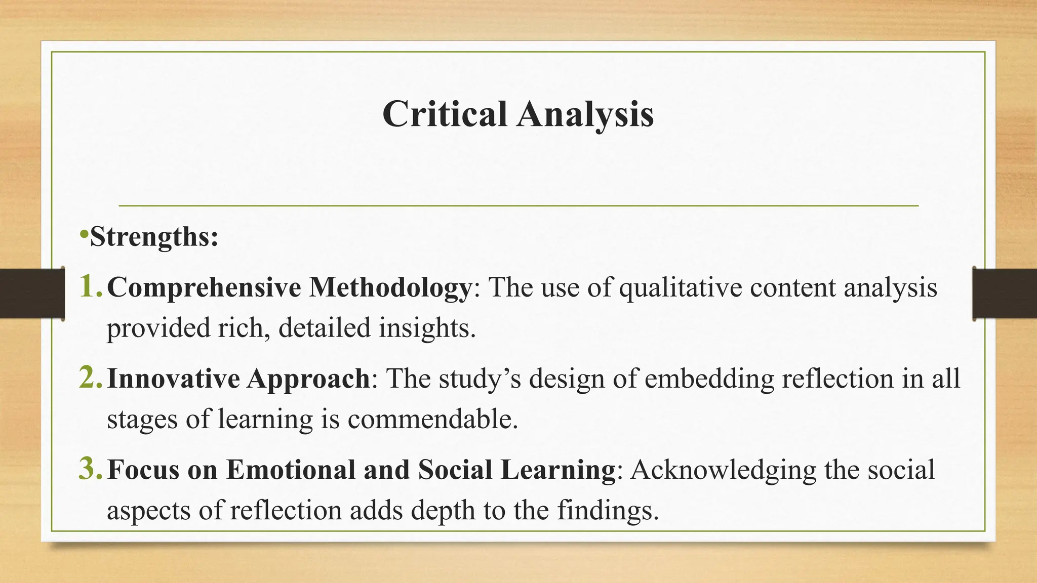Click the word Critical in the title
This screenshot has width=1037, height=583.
[x=445, y=114]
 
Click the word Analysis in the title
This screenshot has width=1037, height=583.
[x=585, y=114]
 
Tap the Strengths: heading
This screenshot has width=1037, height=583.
[x=154, y=236]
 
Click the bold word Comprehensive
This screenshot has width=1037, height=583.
[x=204, y=287]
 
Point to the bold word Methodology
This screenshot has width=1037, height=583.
[x=390, y=287]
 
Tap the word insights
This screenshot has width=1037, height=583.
[x=427, y=328]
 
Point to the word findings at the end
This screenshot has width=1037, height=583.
[x=608, y=510]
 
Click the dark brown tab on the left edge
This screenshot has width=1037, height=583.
[x=31, y=294]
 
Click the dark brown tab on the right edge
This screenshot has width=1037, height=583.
[x=1005, y=294]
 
